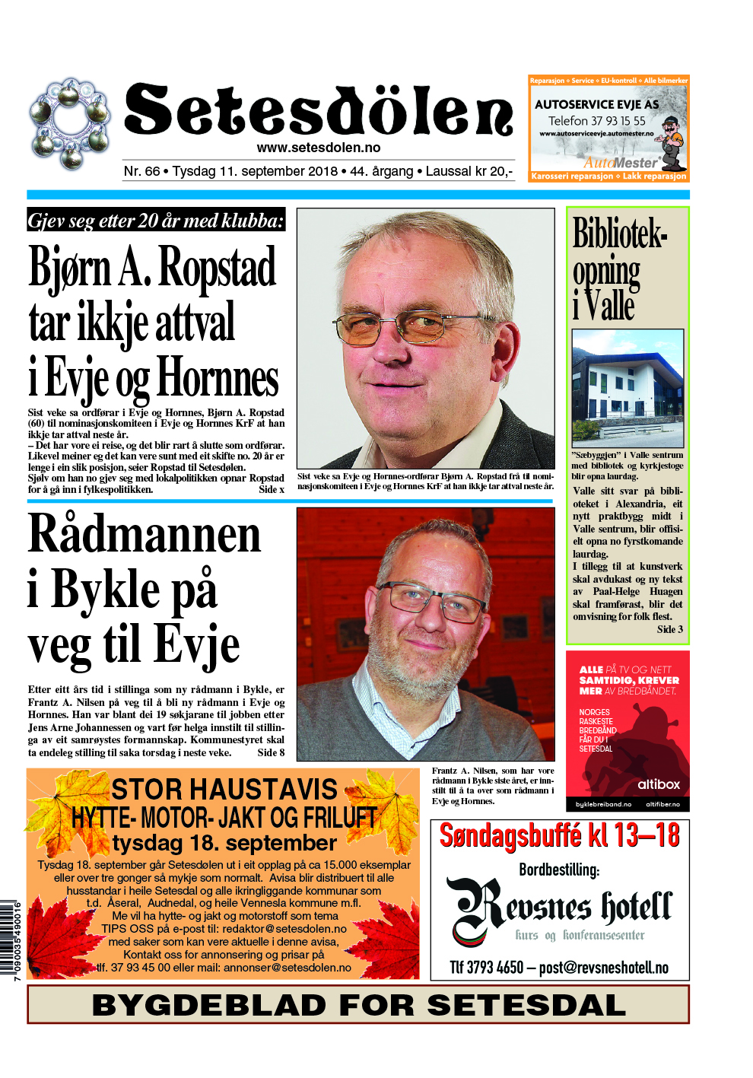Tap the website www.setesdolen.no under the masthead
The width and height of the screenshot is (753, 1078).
pyautogui.click(x=318, y=148)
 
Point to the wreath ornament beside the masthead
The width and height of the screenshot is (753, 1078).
pyautogui.click(x=70, y=122)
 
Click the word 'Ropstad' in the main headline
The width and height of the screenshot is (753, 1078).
pyautogui.click(x=217, y=268)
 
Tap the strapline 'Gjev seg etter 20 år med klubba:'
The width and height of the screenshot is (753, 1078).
pyautogui.click(x=156, y=221)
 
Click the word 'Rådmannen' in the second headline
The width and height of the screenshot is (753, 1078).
pyautogui.click(x=145, y=535)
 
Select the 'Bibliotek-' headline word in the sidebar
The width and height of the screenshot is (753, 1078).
pyautogui.click(x=619, y=234)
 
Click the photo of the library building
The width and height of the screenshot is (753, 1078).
pyautogui.click(x=627, y=387)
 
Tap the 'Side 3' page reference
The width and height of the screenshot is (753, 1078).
pyautogui.click(x=669, y=629)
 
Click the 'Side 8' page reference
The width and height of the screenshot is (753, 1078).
pyautogui.click(x=271, y=752)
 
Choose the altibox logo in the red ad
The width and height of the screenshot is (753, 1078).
pyautogui.click(x=658, y=784)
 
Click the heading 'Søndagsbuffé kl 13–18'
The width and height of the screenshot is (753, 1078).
pyautogui.click(x=559, y=835)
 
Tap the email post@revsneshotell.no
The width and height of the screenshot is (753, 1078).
pyautogui.click(x=603, y=968)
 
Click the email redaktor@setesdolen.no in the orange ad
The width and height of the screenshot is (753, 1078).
pyautogui.click(x=284, y=929)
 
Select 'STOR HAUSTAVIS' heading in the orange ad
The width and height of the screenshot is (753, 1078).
pyautogui.click(x=224, y=789)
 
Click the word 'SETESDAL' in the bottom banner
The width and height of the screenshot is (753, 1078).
pyautogui.click(x=526, y=1005)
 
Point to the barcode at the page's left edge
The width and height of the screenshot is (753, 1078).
pyautogui.click(x=8, y=940)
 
